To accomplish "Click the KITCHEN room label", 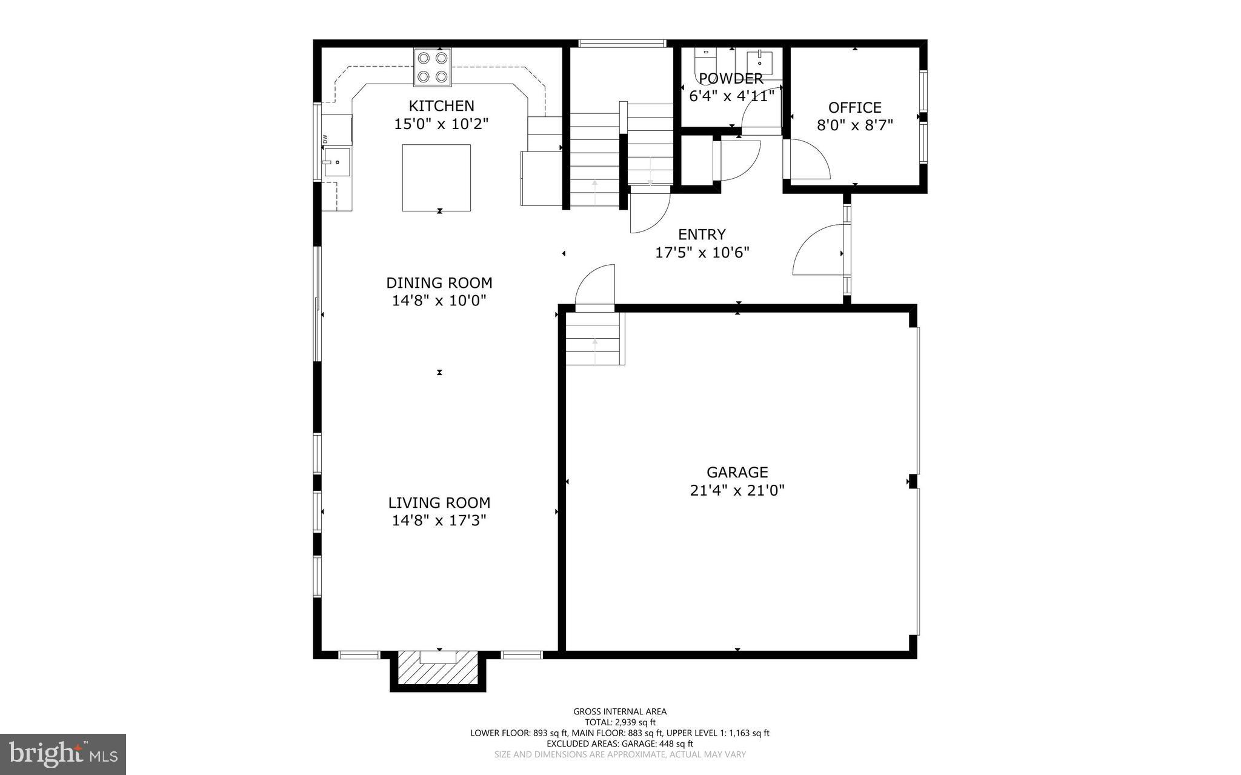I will [x=441, y=106].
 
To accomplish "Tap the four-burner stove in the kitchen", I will [x=432, y=67].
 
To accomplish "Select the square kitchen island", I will [x=436, y=178].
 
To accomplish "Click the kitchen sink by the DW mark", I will [x=336, y=162].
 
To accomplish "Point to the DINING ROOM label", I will [x=439, y=283].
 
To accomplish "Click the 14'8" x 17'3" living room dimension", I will [x=439, y=521].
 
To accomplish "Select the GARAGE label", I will [x=737, y=472].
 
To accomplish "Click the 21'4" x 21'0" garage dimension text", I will [x=737, y=490].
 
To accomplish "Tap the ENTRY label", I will [x=702, y=234].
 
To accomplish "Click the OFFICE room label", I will [x=854, y=108].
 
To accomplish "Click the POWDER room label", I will [x=731, y=79].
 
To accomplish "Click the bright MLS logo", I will [x=63, y=754].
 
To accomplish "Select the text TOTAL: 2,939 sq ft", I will [x=620, y=722].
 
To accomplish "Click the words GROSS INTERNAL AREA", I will [x=620, y=711].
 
